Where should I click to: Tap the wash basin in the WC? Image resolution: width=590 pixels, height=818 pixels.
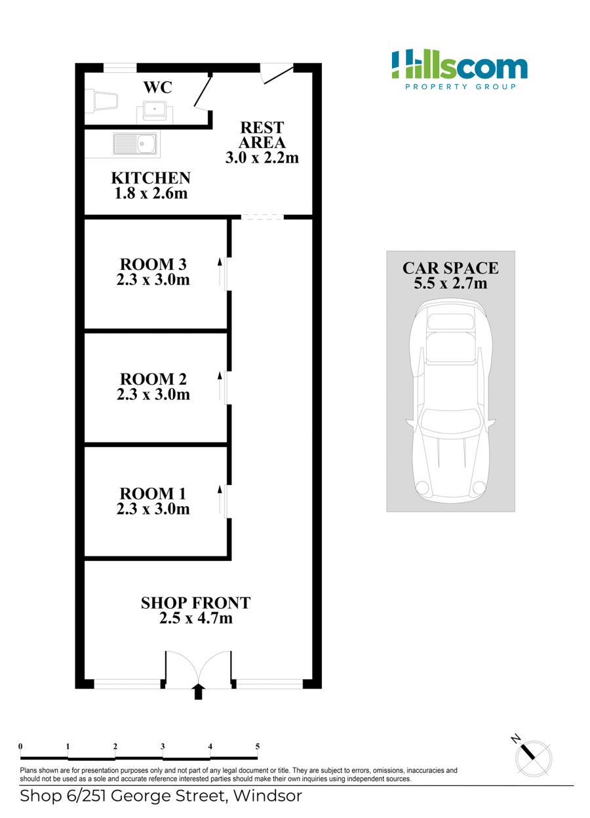(155, 112)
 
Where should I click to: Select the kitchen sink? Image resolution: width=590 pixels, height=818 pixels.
(136, 144)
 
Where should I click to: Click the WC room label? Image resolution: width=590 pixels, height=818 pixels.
(157, 87)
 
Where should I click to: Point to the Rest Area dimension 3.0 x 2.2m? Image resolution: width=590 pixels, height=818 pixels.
(262, 158)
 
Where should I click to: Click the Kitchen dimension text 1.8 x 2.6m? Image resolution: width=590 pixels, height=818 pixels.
(151, 193)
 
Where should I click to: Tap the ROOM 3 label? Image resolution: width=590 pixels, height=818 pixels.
(153, 264)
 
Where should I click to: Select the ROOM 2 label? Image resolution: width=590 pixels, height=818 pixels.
(153, 379)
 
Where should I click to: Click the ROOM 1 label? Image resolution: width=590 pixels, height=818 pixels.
(153, 494)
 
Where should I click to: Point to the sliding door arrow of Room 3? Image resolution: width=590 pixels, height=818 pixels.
(220, 272)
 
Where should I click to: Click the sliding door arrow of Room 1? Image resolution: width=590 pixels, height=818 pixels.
(220, 499)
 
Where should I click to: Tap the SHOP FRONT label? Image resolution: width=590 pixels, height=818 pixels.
(196, 603)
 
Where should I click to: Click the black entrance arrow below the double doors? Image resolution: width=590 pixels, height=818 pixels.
(198, 691)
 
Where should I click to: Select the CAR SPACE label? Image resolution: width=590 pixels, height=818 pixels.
(450, 269)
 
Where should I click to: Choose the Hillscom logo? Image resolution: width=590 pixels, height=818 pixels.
(459, 69)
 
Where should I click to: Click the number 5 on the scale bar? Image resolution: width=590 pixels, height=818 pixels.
(257, 747)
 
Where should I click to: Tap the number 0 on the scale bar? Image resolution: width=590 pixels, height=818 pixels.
(20, 747)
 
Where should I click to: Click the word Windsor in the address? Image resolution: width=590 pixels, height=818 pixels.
(267, 796)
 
